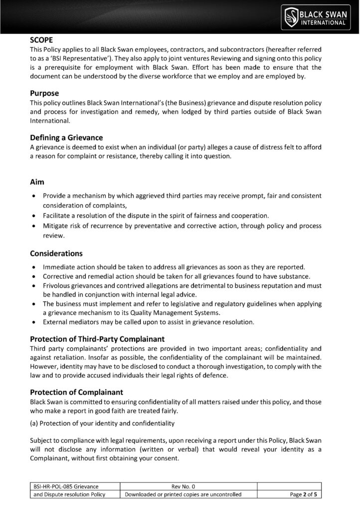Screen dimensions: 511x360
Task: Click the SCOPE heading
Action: point(43,39)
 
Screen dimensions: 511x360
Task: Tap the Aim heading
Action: point(37,183)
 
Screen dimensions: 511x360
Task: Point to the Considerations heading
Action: point(56,254)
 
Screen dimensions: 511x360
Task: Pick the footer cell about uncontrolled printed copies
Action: point(183,494)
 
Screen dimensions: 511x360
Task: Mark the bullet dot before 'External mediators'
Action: point(33,321)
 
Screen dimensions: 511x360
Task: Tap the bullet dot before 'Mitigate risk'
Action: point(33,226)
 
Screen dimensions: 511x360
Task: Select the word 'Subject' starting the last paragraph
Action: point(42,441)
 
